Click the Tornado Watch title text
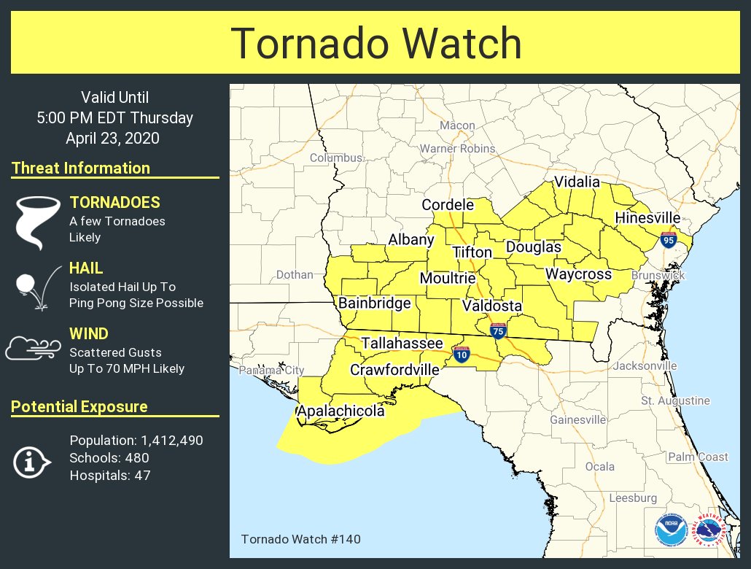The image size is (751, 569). pyautogui.click(x=375, y=43)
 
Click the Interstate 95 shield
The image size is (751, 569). pyautogui.click(x=668, y=239)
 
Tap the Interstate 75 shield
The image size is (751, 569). pyautogui.click(x=498, y=330)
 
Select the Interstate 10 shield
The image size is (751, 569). pyautogui.click(x=460, y=355)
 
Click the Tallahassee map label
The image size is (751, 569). pyautogui.click(x=402, y=343)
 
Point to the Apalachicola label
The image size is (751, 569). pyautogui.click(x=341, y=411)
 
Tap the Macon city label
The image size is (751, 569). pyautogui.click(x=457, y=125)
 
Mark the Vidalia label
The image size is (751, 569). pyautogui.click(x=577, y=182)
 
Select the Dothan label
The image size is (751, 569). pyautogui.click(x=295, y=275)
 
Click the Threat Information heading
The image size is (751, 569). pyautogui.click(x=81, y=168)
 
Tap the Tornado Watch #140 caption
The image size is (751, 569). pyautogui.click(x=300, y=539)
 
